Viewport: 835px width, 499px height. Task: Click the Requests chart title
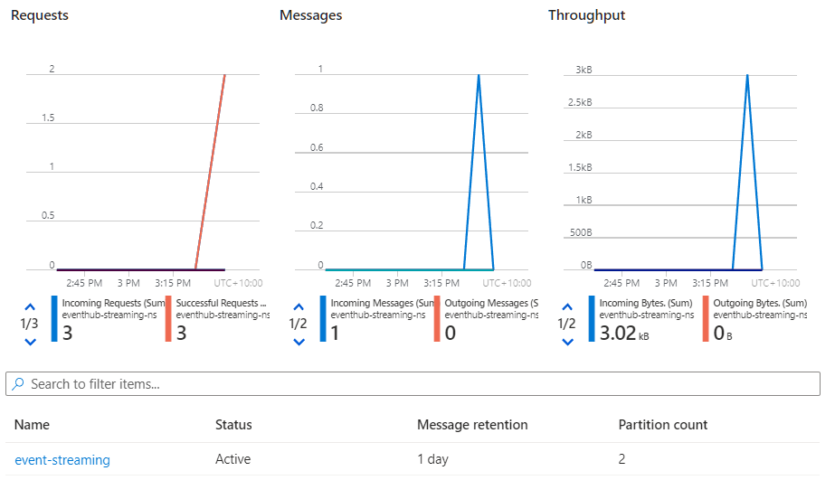[x=40, y=15]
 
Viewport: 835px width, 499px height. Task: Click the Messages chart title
[x=310, y=15]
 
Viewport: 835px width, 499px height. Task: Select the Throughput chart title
[x=586, y=15]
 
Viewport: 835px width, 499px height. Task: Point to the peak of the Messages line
[x=479, y=75]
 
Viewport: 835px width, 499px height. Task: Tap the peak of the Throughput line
[x=747, y=75]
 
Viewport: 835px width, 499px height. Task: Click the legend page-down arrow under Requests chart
[x=30, y=342]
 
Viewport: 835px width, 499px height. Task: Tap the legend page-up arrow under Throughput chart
[x=567, y=306]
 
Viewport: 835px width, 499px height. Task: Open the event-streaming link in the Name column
[x=62, y=460]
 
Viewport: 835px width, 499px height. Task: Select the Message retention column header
[x=472, y=425]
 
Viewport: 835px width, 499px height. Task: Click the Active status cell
[x=232, y=459]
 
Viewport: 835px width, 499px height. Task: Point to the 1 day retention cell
[x=432, y=459]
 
